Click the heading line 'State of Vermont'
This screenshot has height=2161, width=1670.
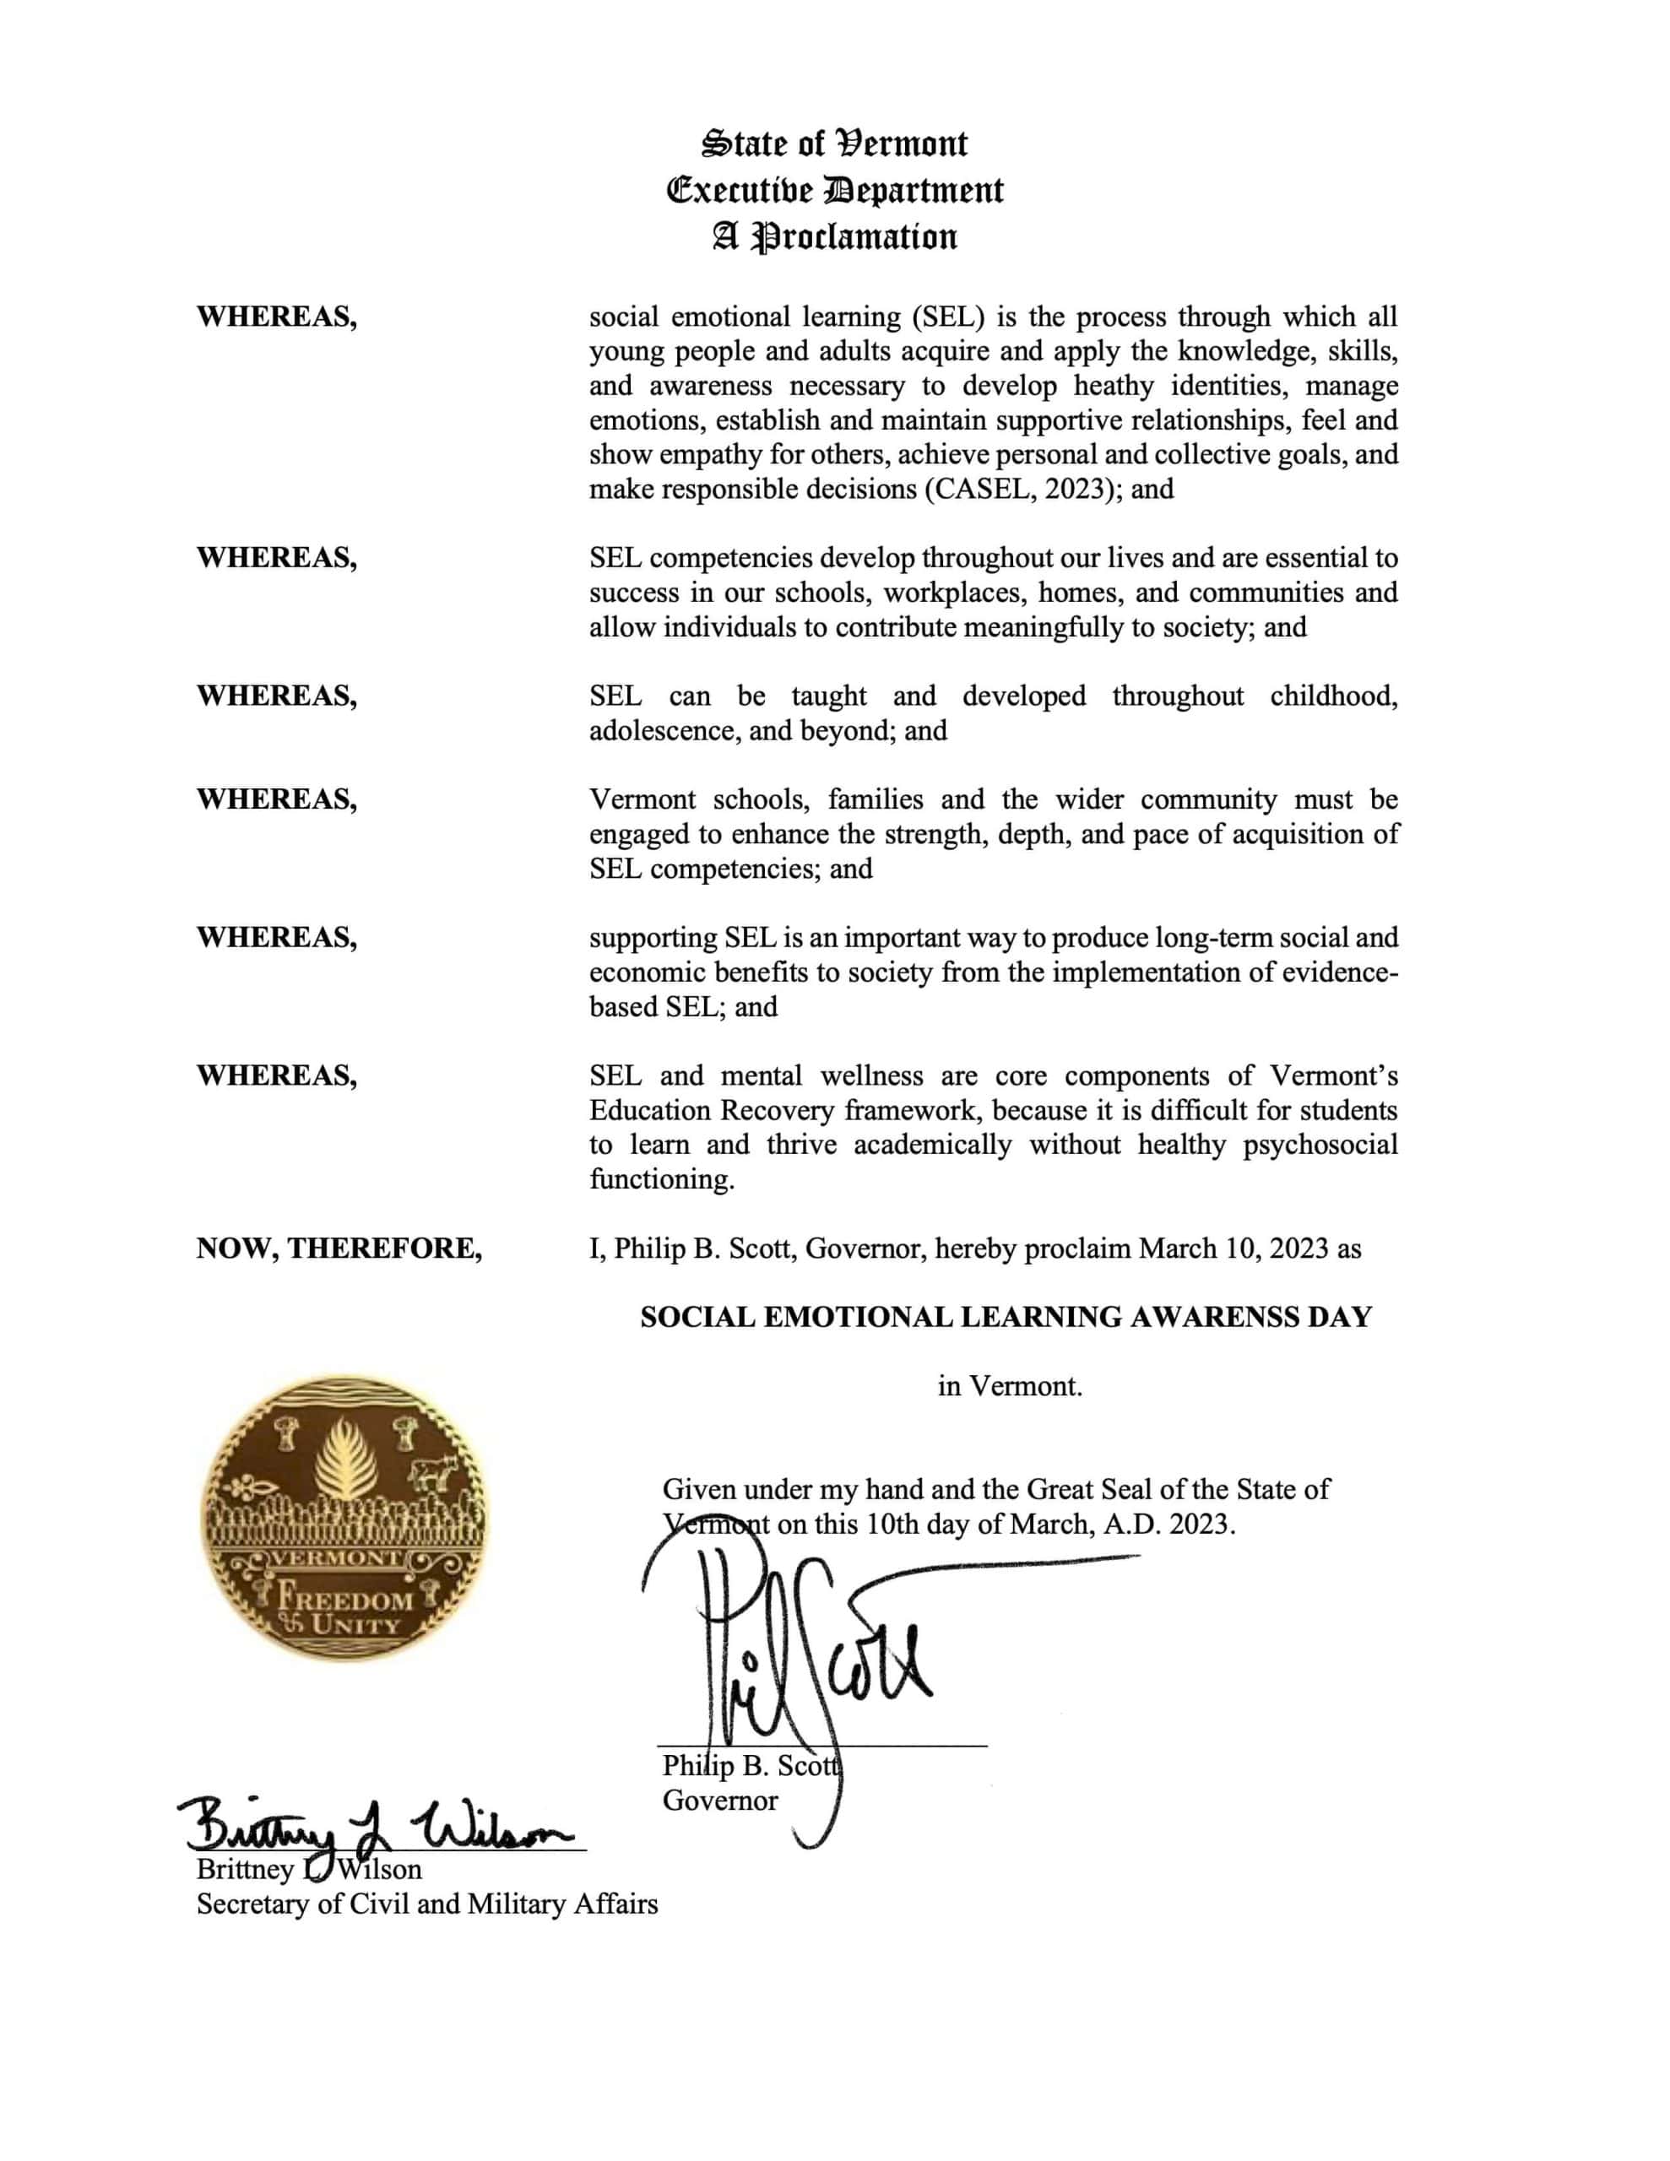(834, 144)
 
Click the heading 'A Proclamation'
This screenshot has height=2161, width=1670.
(834, 237)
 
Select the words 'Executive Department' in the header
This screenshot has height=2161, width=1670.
(834, 191)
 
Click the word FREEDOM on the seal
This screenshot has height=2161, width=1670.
(345, 1597)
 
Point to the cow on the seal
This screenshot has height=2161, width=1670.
(429, 1471)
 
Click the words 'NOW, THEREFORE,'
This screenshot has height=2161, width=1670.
(339, 1248)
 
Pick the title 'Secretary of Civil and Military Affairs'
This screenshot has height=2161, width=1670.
(426, 1904)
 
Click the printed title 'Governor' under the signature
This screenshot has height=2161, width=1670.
(719, 1800)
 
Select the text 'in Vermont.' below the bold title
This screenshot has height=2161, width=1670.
(1010, 1386)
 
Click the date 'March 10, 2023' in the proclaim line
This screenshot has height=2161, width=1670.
(1233, 1248)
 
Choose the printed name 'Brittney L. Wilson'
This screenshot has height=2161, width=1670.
(309, 1869)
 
